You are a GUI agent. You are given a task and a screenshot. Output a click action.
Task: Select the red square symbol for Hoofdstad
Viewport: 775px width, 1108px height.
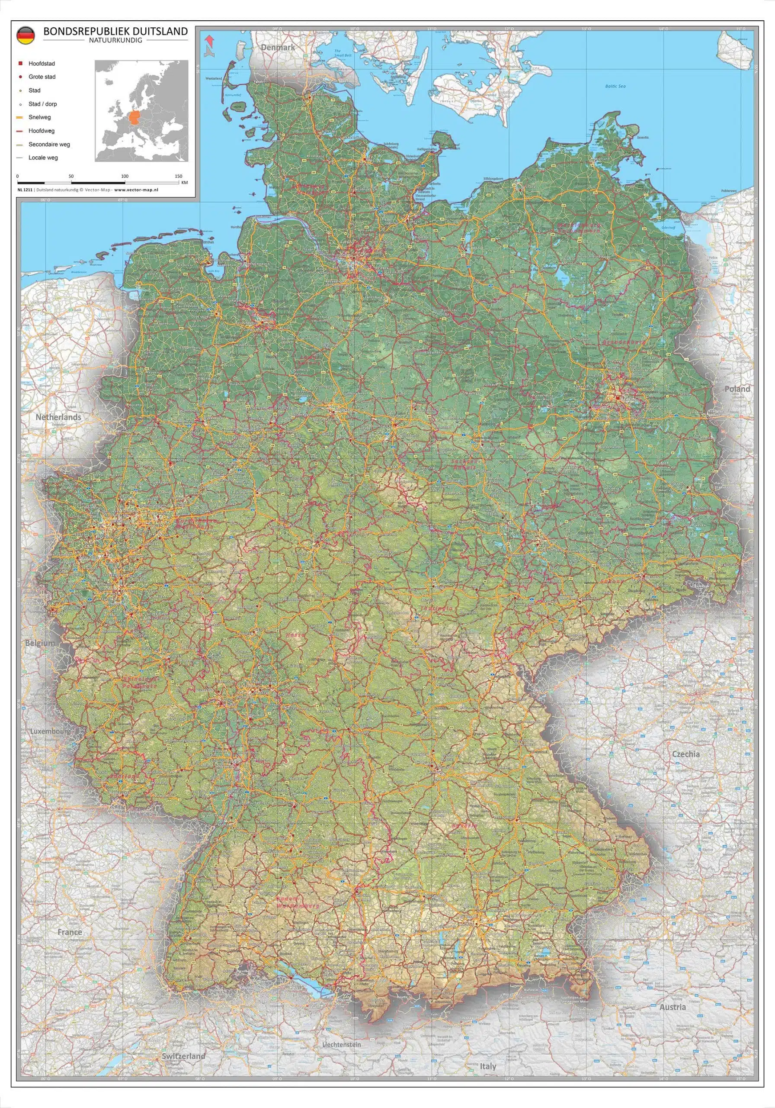[x=20, y=63]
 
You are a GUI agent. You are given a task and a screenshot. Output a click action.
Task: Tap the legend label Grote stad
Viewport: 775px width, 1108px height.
[x=42, y=77]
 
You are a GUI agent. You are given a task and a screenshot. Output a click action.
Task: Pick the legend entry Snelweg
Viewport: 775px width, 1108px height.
[x=39, y=117]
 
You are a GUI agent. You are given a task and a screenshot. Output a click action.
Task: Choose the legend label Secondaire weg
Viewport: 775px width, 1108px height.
[x=49, y=144]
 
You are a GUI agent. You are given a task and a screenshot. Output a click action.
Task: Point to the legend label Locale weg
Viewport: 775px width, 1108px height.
[x=43, y=158]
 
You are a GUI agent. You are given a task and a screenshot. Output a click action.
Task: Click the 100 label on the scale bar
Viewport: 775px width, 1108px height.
[x=125, y=177]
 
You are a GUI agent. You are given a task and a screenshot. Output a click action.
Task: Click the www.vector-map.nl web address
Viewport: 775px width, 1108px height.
[x=137, y=190]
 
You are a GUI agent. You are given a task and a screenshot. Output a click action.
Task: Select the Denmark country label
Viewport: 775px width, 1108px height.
[x=278, y=47]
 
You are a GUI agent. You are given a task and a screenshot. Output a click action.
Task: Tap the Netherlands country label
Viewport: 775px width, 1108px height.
[x=58, y=417]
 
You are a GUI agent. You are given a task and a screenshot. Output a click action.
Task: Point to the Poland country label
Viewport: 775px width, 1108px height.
[x=737, y=389]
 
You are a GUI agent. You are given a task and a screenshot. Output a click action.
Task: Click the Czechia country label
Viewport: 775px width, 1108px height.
[x=686, y=754]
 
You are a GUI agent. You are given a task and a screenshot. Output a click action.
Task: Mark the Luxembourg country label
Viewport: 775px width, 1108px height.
[x=51, y=731]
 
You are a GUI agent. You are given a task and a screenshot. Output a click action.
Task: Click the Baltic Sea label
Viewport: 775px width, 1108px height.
[x=615, y=86]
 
